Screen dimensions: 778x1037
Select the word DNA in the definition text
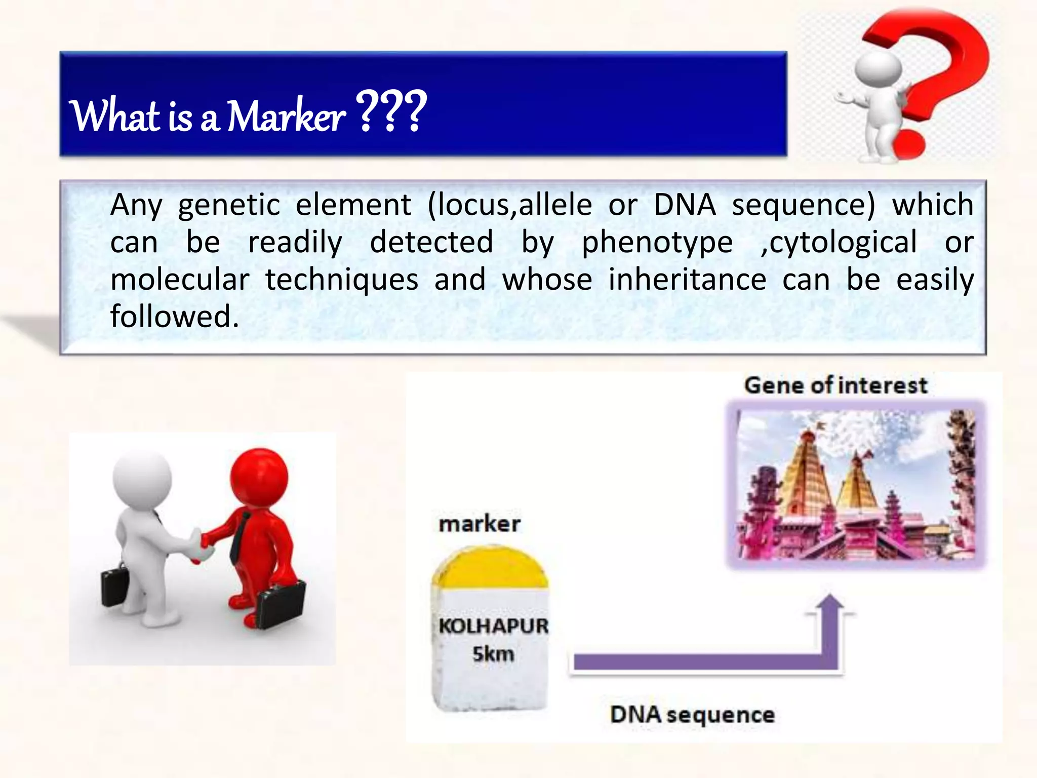pyautogui.click(x=685, y=205)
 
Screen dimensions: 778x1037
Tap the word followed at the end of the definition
pyautogui.click(x=174, y=317)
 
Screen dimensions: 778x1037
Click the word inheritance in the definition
pyautogui.click(x=687, y=280)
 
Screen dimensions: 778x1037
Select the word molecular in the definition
pyautogui.click(x=180, y=280)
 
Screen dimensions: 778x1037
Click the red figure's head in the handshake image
pyautogui.click(x=259, y=476)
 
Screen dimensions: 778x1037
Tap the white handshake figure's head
pyautogui.click(x=142, y=479)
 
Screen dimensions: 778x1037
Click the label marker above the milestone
pyautogui.click(x=479, y=524)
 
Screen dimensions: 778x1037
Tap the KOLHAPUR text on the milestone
pyautogui.click(x=493, y=626)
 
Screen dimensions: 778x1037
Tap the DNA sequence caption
pyautogui.click(x=692, y=715)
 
